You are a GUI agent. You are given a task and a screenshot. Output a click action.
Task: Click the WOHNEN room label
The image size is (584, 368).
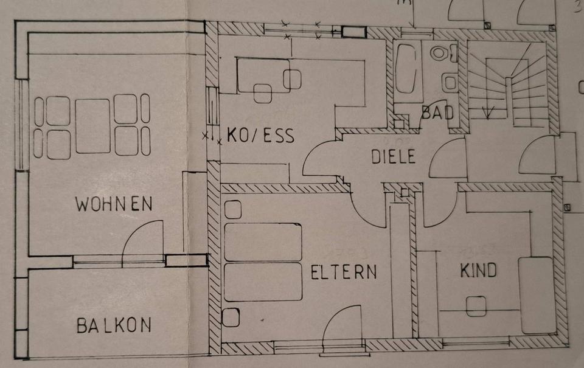tap(114, 204)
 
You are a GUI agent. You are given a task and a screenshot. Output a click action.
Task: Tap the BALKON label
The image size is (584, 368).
tap(114, 325)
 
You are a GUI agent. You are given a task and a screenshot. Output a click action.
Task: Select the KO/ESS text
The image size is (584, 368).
tap(260, 135)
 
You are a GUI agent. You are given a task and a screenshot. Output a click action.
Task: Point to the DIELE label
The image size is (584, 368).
tap(394, 157)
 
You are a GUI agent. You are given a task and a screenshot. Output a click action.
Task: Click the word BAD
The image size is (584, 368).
tap(437, 113)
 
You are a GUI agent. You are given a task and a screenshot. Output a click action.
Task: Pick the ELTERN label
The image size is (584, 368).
tap(344, 272)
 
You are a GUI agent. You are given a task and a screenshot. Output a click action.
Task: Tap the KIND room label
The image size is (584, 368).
tap(479, 269)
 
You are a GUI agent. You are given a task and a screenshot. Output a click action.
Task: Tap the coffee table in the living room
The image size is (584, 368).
tap(92, 127)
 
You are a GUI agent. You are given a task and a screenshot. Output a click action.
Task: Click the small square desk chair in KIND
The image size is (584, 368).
tap(476, 305)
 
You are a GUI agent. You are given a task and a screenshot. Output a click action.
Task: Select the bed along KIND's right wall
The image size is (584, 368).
tap(536, 294)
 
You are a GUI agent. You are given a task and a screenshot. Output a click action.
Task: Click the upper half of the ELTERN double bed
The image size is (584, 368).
tap(263, 242)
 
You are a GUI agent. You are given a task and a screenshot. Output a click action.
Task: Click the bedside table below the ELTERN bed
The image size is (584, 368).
tap(232, 317)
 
